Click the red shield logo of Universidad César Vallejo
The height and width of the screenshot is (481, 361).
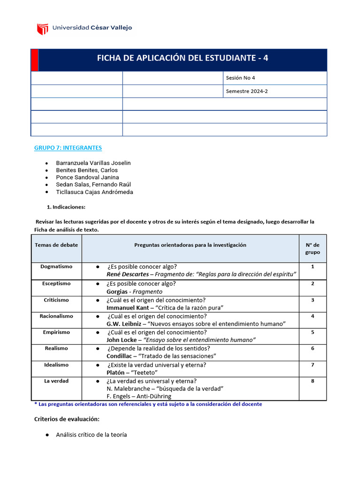point(43,29)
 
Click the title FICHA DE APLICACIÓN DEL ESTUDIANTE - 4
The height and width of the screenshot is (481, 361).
point(182,58)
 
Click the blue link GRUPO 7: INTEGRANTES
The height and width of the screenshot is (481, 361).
point(68,147)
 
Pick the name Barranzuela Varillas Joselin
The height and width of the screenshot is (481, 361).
point(93,163)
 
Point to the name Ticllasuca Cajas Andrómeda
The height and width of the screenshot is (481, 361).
point(94,192)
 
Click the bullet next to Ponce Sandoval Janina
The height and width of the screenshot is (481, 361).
point(47,178)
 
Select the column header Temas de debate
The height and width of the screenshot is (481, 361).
point(56,245)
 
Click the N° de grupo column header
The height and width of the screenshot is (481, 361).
point(313,248)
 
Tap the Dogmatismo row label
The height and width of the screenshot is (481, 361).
point(56,266)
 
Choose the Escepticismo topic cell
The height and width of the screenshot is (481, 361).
point(56,283)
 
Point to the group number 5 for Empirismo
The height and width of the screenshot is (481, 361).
point(313,332)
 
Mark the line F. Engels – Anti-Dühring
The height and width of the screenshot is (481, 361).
point(139,396)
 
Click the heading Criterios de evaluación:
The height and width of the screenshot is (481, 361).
point(67,419)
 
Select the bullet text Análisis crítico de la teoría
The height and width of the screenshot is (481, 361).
point(91,435)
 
